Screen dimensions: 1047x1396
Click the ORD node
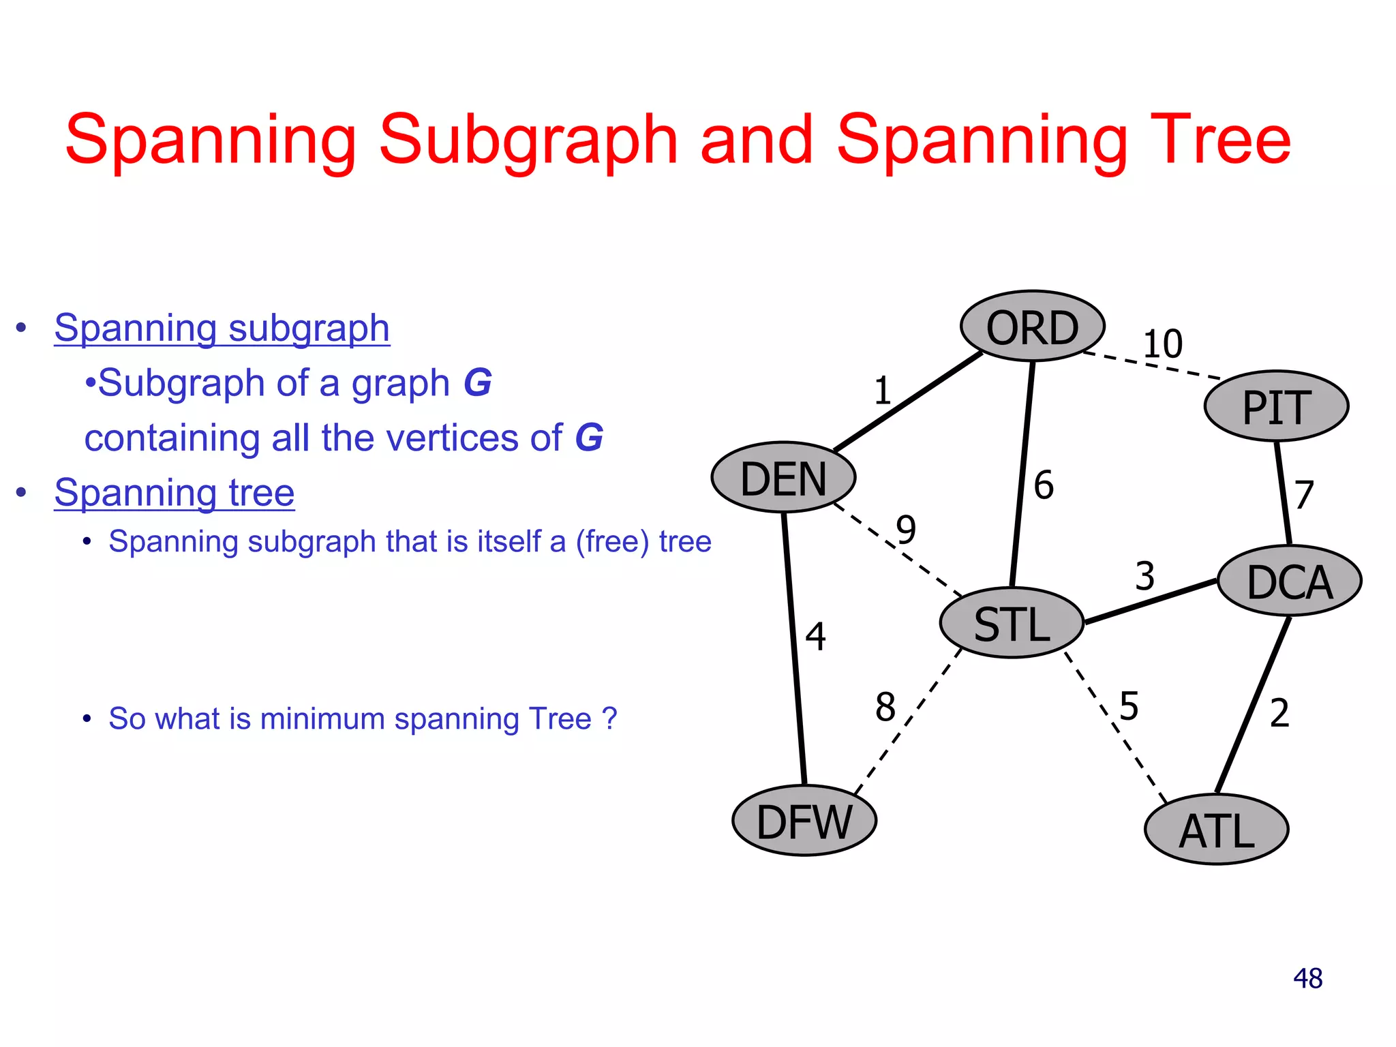click(x=1032, y=327)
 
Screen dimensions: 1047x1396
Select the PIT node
click(x=1276, y=406)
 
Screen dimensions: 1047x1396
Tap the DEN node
click(x=783, y=477)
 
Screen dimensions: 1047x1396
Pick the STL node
click(x=1012, y=623)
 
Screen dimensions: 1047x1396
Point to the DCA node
click(x=1289, y=581)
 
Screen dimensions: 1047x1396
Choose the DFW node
click(x=804, y=821)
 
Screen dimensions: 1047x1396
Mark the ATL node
click(x=1216, y=830)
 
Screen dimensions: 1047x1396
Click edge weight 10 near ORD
click(x=1162, y=344)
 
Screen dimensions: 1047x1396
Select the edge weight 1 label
click(x=883, y=391)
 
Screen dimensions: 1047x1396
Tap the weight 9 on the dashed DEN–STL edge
click(x=906, y=529)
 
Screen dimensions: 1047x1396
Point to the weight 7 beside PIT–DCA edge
click(x=1303, y=495)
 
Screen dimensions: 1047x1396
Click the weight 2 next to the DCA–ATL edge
click(x=1279, y=714)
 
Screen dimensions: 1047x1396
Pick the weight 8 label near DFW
click(x=885, y=706)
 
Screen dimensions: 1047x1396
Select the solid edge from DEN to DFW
click(x=794, y=648)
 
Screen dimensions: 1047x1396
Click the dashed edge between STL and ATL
click(x=1116, y=727)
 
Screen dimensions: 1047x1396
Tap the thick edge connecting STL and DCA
click(x=1151, y=601)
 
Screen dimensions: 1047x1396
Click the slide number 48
click(x=1307, y=978)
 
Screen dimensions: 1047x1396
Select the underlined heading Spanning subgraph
click(x=222, y=328)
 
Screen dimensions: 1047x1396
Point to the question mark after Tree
click(x=609, y=718)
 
